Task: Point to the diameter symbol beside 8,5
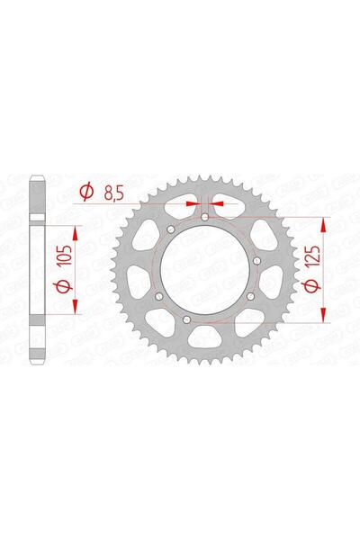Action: [87, 191]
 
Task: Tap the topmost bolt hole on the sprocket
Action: [205, 216]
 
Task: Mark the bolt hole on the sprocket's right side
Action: [256, 262]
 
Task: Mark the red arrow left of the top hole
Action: [192, 203]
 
